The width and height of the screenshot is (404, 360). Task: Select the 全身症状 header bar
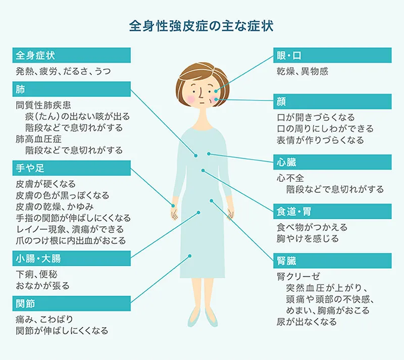71,55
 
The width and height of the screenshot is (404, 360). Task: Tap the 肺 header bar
71,90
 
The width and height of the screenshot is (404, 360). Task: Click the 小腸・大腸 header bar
71,260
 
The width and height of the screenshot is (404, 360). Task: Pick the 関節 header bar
71,303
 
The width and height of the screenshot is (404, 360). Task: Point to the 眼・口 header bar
332,55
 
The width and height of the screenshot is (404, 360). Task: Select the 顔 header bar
332,101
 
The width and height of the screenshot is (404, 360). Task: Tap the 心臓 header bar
332,162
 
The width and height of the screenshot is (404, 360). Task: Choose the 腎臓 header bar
332,261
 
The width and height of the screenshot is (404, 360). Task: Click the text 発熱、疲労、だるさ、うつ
63,71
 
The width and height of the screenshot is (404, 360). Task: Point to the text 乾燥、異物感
302,71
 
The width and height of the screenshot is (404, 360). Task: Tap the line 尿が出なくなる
306,322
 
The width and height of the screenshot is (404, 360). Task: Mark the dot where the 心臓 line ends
209,153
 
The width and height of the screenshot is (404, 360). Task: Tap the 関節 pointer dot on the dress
190,256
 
